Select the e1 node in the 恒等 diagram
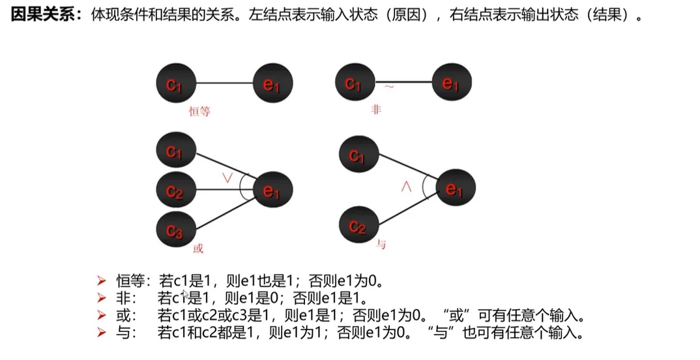[x=273, y=83]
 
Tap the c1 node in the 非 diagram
[x=355, y=83]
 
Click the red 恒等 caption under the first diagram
[x=199, y=112]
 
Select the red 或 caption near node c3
[x=198, y=248]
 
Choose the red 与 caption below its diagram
[x=381, y=245]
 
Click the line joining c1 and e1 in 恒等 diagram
[x=224, y=83]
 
